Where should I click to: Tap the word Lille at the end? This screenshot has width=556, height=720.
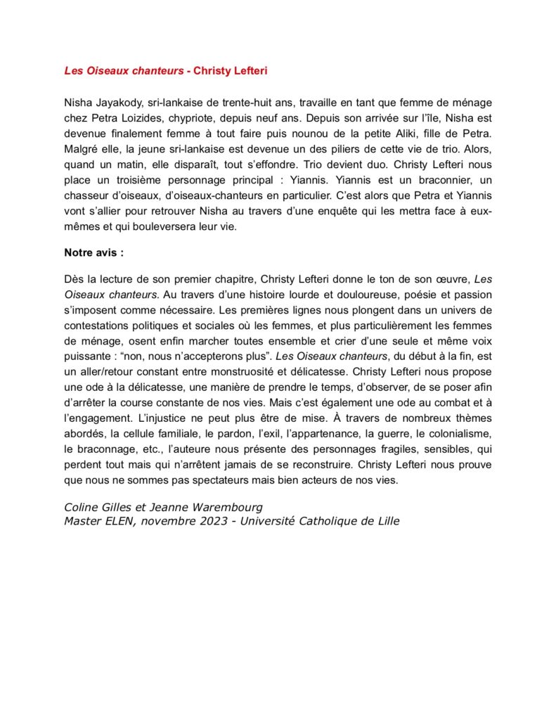point(385,521)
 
